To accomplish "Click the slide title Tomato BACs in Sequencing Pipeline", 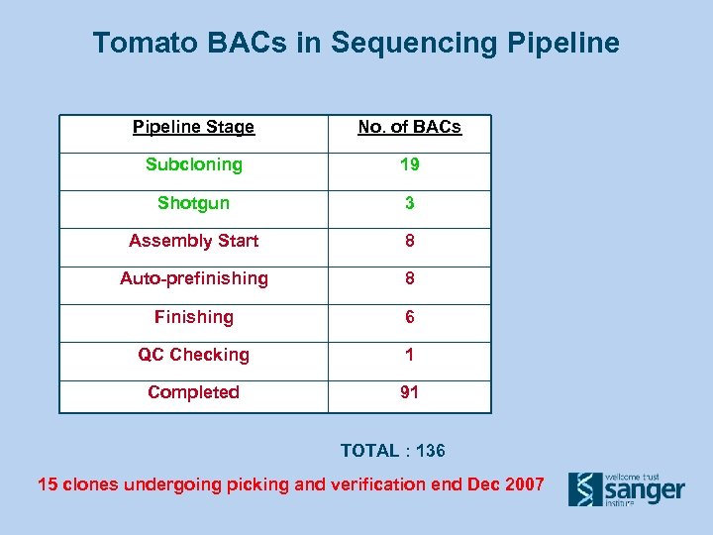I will tap(356, 44).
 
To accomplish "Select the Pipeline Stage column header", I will tap(193, 127).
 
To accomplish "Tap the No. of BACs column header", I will tap(409, 127).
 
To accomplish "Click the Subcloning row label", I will tap(193, 164).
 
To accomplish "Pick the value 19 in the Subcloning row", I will tap(409, 164).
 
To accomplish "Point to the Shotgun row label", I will tap(193, 203).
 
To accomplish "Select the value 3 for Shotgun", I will tap(409, 203).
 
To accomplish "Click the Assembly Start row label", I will tap(193, 241).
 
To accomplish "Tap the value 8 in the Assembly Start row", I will tap(409, 241).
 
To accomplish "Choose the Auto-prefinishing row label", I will tap(193, 278).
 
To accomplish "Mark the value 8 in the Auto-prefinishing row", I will tap(409, 278).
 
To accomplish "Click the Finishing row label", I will tap(193, 317).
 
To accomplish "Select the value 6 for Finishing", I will tap(409, 317).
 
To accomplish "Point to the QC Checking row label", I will tap(193, 355).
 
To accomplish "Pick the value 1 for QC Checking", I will tap(409, 355).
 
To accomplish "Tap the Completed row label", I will tap(193, 392).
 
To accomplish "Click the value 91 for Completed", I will tap(409, 392).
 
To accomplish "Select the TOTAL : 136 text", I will tap(392, 451).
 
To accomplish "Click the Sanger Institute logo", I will tap(626, 488).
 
